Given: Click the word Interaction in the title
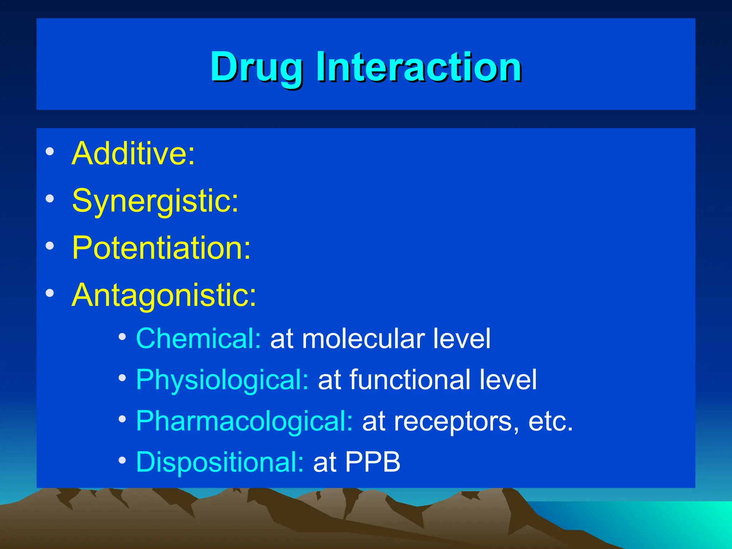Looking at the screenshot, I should pyautogui.click(x=418, y=67).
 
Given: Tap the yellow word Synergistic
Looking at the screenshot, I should pyautogui.click(x=154, y=201).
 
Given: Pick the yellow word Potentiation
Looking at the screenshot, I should pyautogui.click(x=161, y=248).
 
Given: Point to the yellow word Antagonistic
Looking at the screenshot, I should pyautogui.click(x=163, y=295).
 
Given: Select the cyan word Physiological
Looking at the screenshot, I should pyautogui.click(x=222, y=380).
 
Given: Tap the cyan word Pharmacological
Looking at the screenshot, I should pyautogui.click(x=244, y=421).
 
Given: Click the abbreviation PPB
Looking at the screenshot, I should pyautogui.click(x=372, y=462).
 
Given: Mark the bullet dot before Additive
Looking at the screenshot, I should pyautogui.click(x=50, y=152).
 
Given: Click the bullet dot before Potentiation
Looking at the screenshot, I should pyautogui.click(x=50, y=246).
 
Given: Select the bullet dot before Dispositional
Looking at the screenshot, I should pyautogui.click(x=122, y=460).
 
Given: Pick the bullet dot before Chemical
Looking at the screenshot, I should pyautogui.click(x=122, y=337).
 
